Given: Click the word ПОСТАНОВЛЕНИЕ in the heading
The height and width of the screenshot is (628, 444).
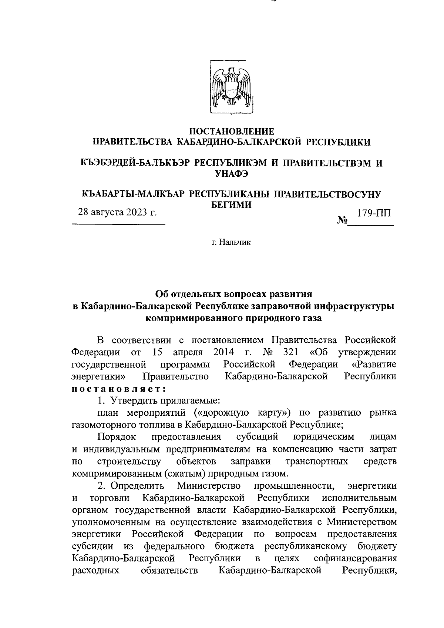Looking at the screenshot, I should pos(232,131).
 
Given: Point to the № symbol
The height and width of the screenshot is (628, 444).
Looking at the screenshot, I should pos(342,221).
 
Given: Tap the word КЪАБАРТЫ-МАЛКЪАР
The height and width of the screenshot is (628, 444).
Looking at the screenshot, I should pos(133,194).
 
